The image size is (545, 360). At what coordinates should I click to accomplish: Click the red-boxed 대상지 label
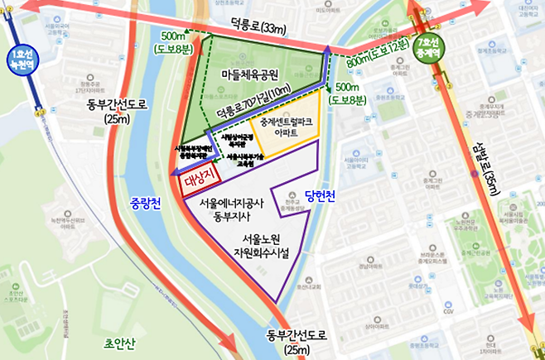[198, 180]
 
